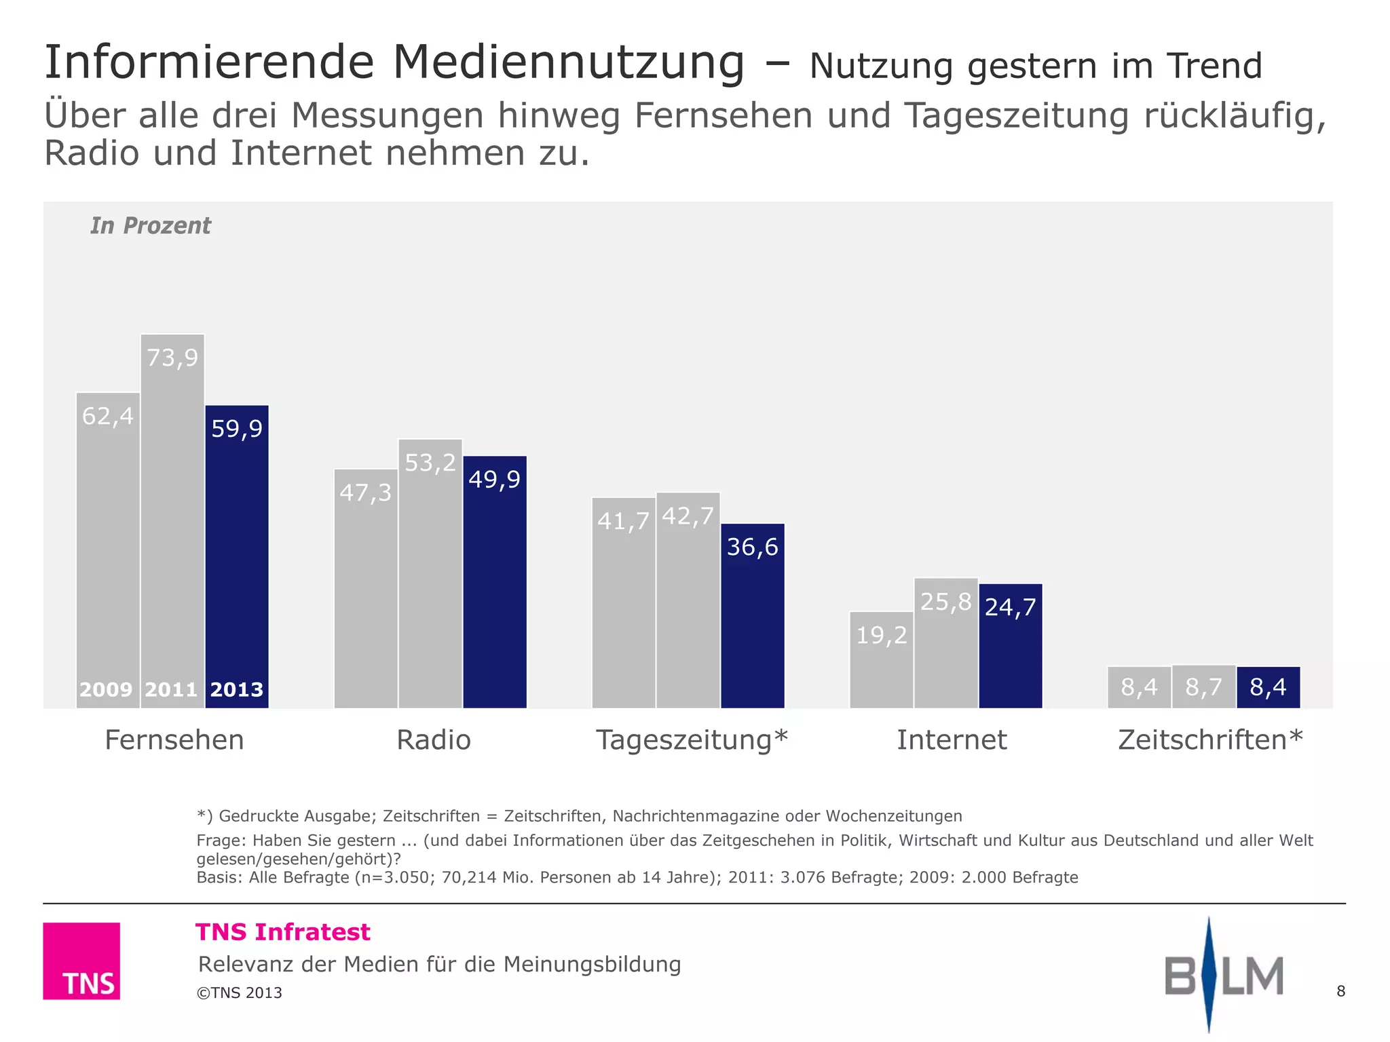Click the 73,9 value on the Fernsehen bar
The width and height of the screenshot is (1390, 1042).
pyautogui.click(x=172, y=358)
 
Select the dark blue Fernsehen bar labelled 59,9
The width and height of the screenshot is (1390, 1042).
pyautogui.click(x=237, y=556)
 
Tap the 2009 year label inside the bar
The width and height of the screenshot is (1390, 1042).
pyautogui.click(x=106, y=690)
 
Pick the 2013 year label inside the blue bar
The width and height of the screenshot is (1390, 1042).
pyautogui.click(x=237, y=690)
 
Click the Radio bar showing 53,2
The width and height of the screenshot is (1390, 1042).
pyautogui.click(x=430, y=577)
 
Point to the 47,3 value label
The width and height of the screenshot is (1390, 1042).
pyautogui.click(x=365, y=493)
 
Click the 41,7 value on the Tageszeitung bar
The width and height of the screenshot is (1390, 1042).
pyautogui.click(x=623, y=521)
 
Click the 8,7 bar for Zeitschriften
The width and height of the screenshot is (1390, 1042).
pyautogui.click(x=1203, y=687)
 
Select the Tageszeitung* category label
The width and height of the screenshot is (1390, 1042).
pyautogui.click(x=692, y=739)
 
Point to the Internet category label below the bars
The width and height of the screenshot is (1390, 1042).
pyautogui.click(x=952, y=739)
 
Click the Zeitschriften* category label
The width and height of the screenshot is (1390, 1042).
pyautogui.click(x=1210, y=739)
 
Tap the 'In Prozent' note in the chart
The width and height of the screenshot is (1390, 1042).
pyautogui.click(x=151, y=225)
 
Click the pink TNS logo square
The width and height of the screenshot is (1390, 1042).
pyautogui.click(x=81, y=961)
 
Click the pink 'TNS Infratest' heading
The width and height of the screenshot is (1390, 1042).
pyautogui.click(x=283, y=932)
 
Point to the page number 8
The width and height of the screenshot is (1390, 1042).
pyautogui.click(x=1340, y=991)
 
